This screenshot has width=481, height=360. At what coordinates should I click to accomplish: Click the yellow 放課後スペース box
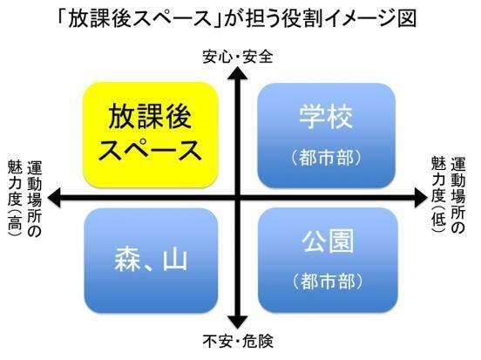pyautogui.click(x=151, y=135)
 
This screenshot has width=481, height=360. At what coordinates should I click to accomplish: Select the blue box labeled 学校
pyautogui.click(x=326, y=135)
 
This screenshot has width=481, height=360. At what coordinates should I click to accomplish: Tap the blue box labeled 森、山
pyautogui.click(x=151, y=261)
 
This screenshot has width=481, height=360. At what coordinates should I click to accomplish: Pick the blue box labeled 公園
pyautogui.click(x=328, y=260)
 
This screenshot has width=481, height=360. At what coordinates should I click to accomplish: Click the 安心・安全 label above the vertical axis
pyautogui.click(x=238, y=57)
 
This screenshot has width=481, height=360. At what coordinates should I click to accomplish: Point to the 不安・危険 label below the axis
pyautogui.click(x=238, y=342)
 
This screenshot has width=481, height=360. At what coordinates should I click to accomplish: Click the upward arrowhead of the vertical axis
pyautogui.click(x=237, y=73)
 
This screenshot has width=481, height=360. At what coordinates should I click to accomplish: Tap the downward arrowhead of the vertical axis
pyautogui.click(x=237, y=323)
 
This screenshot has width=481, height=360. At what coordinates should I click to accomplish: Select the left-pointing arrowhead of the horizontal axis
pyautogui.click(x=54, y=198)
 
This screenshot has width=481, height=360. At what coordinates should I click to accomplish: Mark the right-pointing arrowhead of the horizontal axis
pyautogui.click(x=421, y=198)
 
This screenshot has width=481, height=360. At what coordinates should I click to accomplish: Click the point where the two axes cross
pyautogui.click(x=237, y=198)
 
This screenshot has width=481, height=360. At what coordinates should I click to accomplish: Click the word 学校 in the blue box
pyautogui.click(x=326, y=117)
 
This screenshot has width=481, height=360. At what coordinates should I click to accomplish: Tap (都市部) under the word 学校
pyautogui.click(x=326, y=158)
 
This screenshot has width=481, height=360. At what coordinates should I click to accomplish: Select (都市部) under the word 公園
pyautogui.click(x=328, y=282)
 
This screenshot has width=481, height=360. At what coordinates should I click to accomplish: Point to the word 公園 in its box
pyautogui.click(x=328, y=241)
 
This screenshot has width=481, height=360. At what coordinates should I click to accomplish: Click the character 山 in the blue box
pyautogui.click(x=175, y=260)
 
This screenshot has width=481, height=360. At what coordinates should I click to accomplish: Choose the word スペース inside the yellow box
pyautogui.click(x=150, y=150)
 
